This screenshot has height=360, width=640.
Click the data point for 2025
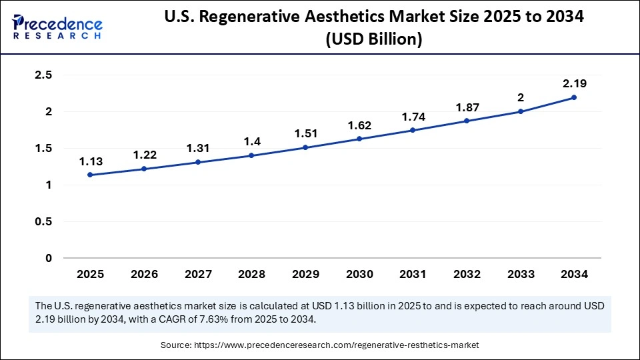[90, 175]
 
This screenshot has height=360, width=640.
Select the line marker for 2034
[574, 97]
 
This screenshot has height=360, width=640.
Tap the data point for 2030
[359, 139]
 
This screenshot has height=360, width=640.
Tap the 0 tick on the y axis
[48, 258]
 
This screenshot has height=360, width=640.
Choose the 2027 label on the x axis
[197, 274]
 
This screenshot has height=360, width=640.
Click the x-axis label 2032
[467, 274]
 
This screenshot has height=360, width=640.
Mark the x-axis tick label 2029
[305, 274]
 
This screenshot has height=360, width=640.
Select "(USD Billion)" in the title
[373, 40]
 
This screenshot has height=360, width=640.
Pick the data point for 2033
[521, 111]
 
